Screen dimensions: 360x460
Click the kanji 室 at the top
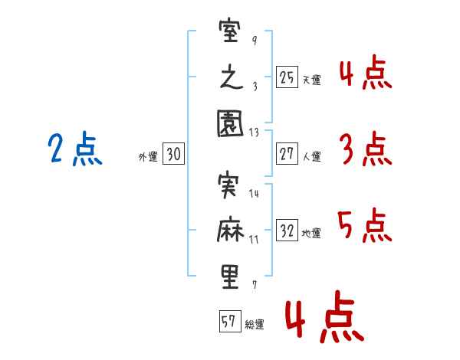(x=230, y=33)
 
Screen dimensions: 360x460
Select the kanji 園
(x=230, y=124)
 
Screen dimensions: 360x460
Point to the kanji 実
(x=230, y=185)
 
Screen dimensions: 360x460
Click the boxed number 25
(x=287, y=77)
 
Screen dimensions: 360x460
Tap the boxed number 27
(x=287, y=154)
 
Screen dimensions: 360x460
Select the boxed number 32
(x=287, y=230)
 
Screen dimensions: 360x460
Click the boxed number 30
(x=173, y=155)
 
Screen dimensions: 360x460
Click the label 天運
(x=311, y=79)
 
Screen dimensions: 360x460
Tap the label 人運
(x=311, y=156)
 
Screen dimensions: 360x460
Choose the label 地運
(x=311, y=233)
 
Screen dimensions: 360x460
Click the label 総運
(x=255, y=324)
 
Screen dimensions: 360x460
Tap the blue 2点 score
(x=72, y=149)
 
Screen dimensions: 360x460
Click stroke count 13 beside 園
(x=255, y=133)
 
